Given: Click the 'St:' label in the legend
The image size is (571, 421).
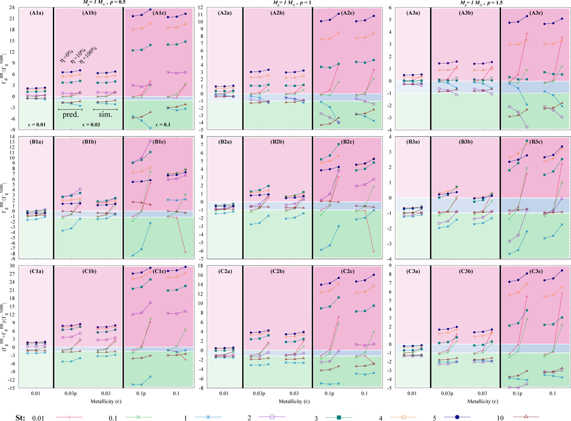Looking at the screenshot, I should tap(10, 406).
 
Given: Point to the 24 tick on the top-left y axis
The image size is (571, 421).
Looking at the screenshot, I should tap(14, 8).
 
